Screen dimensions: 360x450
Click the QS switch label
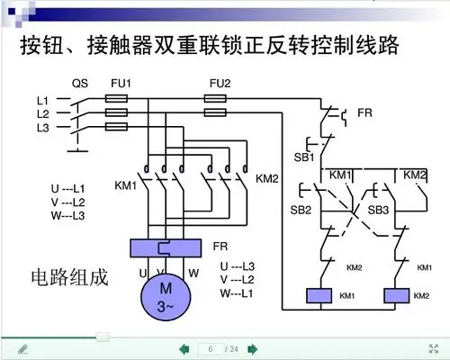pos(78,82)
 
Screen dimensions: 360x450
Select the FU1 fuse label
pos(121,82)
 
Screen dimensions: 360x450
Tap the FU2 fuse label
pos(219,82)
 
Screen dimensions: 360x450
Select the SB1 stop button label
pos(302,157)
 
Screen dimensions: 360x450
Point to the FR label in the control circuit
pos(364,113)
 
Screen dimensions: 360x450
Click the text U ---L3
pos(238,267)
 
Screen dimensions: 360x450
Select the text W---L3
pos(68,216)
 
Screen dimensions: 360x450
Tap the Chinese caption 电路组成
pos(69,277)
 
